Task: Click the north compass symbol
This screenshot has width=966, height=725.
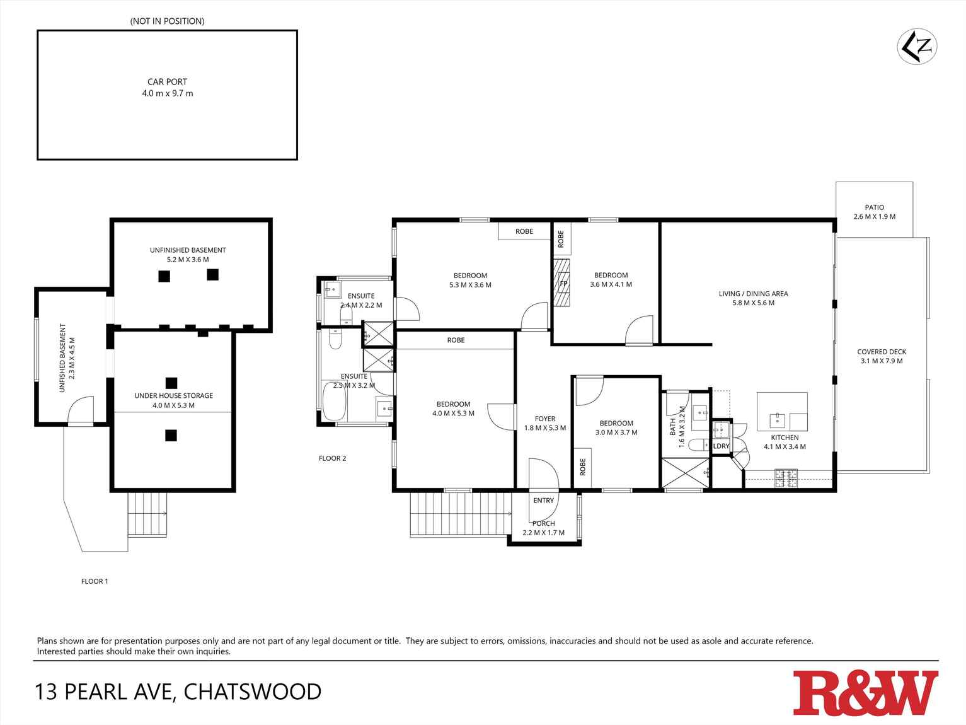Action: click(917, 46)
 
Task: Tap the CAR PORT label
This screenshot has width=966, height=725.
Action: click(167, 82)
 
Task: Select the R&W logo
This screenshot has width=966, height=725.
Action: click(865, 693)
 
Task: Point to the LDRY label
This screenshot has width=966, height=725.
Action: click(721, 446)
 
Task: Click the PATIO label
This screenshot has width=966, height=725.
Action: click(874, 207)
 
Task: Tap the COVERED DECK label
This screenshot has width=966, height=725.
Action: click(881, 352)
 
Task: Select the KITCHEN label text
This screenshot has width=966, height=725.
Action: click(785, 438)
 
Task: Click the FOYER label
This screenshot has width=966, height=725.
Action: click(545, 419)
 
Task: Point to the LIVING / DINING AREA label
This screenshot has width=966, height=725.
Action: click(753, 294)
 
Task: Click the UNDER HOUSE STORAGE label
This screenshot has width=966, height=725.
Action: click(173, 396)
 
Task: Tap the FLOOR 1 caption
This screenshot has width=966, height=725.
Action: click(95, 581)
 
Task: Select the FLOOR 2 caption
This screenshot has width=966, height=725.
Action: click(332, 458)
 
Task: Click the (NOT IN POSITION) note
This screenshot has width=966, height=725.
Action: click(167, 21)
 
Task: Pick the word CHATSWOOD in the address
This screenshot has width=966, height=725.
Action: click(252, 692)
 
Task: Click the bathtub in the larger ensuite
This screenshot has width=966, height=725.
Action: click(334, 402)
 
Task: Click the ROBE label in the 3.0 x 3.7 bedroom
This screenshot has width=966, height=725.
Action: click(582, 467)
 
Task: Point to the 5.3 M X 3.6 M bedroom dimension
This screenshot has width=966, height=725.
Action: click(470, 285)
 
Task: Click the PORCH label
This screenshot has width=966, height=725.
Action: click(543, 523)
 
